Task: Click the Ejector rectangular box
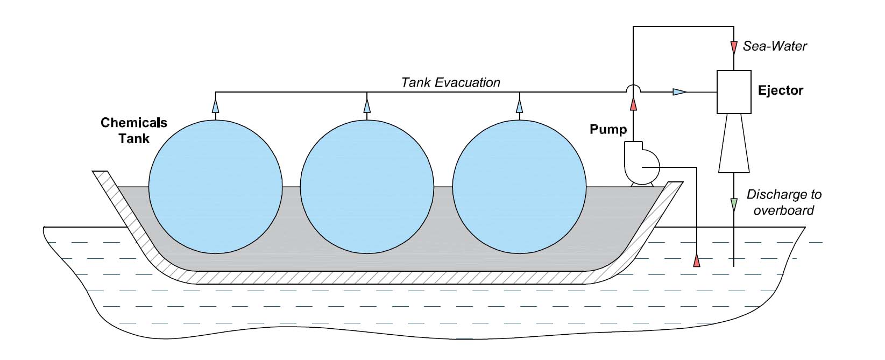pyautogui.click(x=734, y=92)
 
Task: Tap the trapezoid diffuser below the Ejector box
pyautogui.click(x=734, y=143)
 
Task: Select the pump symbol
pyautogui.click(x=640, y=163)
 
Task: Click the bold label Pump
pyautogui.click(x=608, y=130)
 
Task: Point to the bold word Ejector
pyautogui.click(x=780, y=90)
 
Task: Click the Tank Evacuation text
pyautogui.click(x=451, y=82)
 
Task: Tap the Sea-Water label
pyautogui.click(x=775, y=46)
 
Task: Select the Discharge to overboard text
pyautogui.click(x=783, y=202)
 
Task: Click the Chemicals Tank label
pyautogui.click(x=134, y=130)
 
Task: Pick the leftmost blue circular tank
pyautogui.click(x=215, y=186)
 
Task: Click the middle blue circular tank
pyautogui.click(x=367, y=186)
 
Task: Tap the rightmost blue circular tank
pyautogui.click(x=519, y=186)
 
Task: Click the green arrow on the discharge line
pyautogui.click(x=734, y=204)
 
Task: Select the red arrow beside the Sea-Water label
pyautogui.click(x=734, y=47)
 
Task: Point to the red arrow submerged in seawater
pyautogui.click(x=697, y=261)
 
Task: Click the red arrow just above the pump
pyautogui.click(x=633, y=104)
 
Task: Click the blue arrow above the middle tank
pyautogui.click(x=367, y=106)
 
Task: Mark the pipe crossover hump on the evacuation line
pyautogui.click(x=633, y=88)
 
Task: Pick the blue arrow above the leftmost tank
pyautogui.click(x=215, y=106)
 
